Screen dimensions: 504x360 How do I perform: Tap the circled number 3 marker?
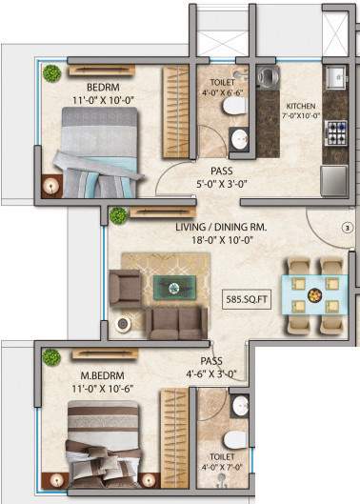click(347, 229)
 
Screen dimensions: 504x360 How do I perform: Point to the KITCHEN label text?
click(304, 105)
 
